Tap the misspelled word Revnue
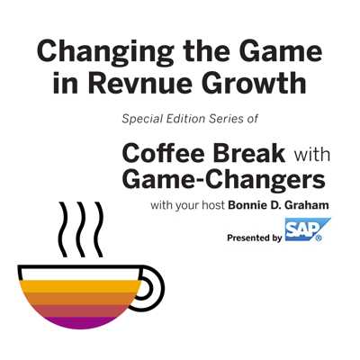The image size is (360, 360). click(139, 83)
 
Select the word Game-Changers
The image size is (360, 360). click(223, 181)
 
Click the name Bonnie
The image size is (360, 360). click(243, 205)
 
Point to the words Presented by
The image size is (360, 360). click(255, 238)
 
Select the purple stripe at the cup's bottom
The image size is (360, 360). click(79, 322)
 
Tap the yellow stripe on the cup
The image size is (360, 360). click(80, 286)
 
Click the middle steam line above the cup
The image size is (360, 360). click(81, 229)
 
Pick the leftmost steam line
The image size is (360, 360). click(63, 229)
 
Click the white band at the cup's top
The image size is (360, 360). click(80, 274)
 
